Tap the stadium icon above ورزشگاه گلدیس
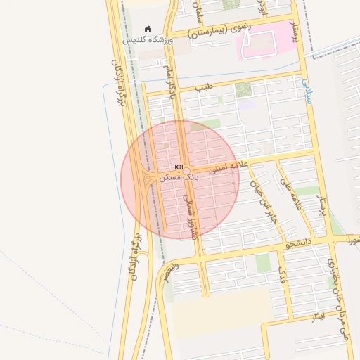tap(148, 30)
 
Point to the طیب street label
tap(202, 87)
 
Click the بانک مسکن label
tap(180, 178)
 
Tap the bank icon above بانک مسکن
tap(179, 167)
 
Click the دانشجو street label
tap(296, 243)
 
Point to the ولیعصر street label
tap(168, 271)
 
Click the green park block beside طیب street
tap(243, 89)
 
